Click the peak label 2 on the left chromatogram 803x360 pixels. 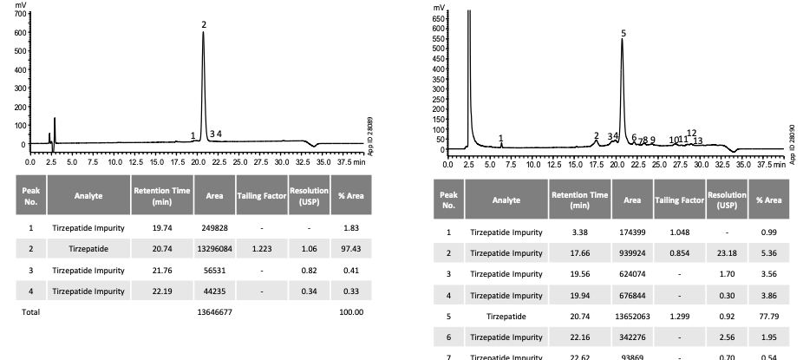tap(204, 24)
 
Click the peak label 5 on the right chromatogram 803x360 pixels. tap(623, 32)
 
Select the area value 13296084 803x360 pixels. tap(214, 249)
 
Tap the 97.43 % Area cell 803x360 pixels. tap(352, 249)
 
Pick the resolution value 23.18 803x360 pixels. tap(727, 252)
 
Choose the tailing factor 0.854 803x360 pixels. tap(679, 252)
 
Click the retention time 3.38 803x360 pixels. tap(578, 232)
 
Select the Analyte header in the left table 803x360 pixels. tap(88, 195)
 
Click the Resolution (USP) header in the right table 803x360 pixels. tap(727, 200)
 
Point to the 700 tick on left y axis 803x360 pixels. tap(22, 15)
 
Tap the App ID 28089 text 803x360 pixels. tap(370, 136)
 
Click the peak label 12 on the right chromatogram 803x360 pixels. tap(692, 133)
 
